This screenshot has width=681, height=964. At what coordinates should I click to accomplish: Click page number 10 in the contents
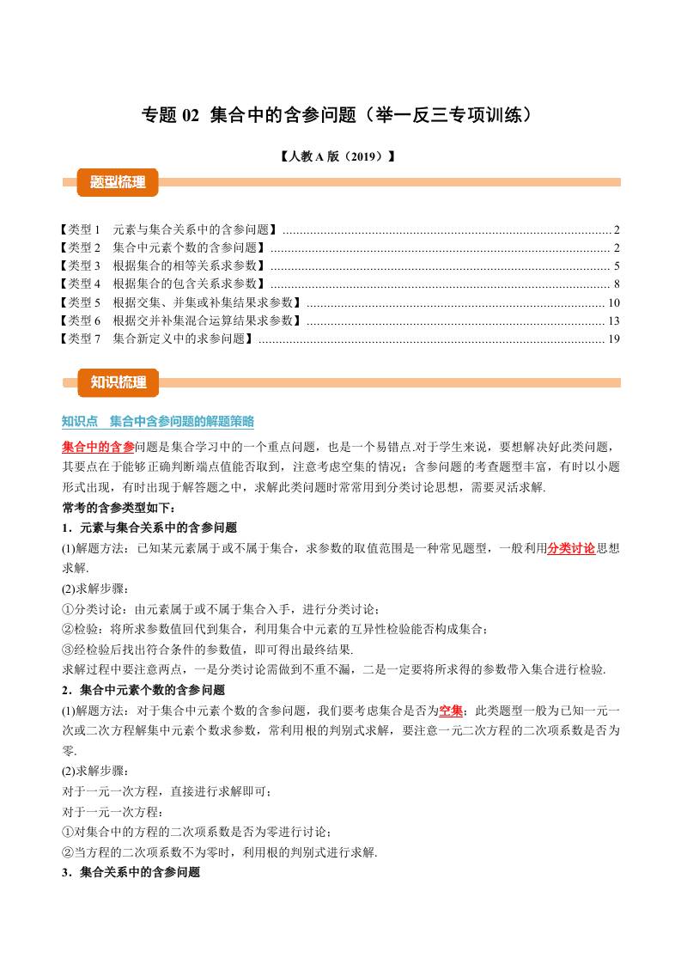coord(613,302)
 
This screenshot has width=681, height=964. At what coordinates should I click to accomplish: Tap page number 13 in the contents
coord(613,320)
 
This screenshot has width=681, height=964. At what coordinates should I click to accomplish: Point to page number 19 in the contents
coord(613,339)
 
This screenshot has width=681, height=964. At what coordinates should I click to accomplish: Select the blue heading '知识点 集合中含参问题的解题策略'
coord(158,421)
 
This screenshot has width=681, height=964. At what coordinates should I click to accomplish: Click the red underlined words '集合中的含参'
coord(99,447)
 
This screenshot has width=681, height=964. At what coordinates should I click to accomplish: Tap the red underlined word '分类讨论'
coord(571,547)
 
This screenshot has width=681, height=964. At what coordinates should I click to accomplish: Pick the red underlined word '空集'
coord(451,711)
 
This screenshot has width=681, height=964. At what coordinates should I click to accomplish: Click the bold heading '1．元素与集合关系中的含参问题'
coord(149,528)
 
